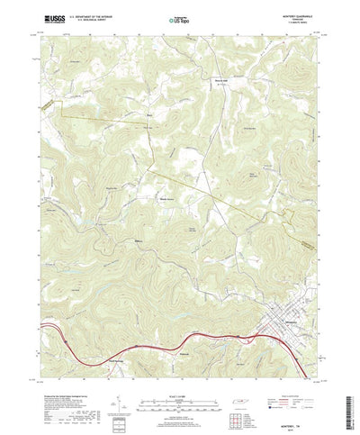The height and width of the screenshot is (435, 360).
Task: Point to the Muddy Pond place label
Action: (x=166, y=199)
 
